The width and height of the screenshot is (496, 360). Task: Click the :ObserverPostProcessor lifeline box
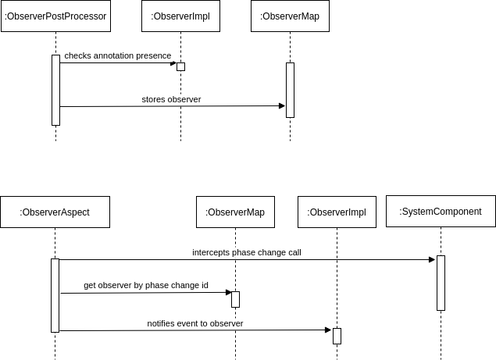55,16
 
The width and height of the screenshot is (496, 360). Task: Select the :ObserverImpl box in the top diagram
180,16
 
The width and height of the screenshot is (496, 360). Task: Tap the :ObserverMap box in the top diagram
290,16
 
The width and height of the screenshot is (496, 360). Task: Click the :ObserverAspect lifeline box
55,212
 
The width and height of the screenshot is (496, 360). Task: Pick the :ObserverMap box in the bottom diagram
235,212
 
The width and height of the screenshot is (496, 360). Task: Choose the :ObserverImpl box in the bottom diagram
337,212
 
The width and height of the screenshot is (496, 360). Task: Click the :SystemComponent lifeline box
441,212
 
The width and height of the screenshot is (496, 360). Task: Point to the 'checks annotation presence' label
117,56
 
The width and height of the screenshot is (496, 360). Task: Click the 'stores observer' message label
171,100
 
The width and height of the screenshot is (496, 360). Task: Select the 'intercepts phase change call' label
247,252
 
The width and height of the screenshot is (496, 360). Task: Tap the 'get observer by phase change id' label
146,286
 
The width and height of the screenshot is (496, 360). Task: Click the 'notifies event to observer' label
195,323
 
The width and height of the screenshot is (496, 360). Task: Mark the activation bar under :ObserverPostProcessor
55,90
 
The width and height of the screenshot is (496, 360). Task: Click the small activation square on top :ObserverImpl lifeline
180,66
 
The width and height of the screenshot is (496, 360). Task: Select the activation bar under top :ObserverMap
290,90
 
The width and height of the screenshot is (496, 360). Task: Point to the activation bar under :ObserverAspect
55,295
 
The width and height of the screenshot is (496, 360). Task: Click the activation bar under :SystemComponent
441,283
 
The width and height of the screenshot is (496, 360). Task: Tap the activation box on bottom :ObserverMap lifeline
235,300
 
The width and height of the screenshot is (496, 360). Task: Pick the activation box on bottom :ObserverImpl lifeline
337,336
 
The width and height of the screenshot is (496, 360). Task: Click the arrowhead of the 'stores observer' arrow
282,106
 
